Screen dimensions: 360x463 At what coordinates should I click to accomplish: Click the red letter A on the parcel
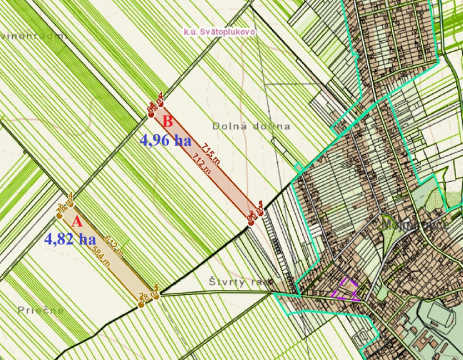click(76, 222)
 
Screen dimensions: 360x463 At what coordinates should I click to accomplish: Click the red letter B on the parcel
click(167, 120)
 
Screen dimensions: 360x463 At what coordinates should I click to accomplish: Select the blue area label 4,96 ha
click(165, 140)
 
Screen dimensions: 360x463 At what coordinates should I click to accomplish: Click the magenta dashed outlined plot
click(346, 290)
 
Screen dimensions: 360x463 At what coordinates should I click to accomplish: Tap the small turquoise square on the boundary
click(298, 168)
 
